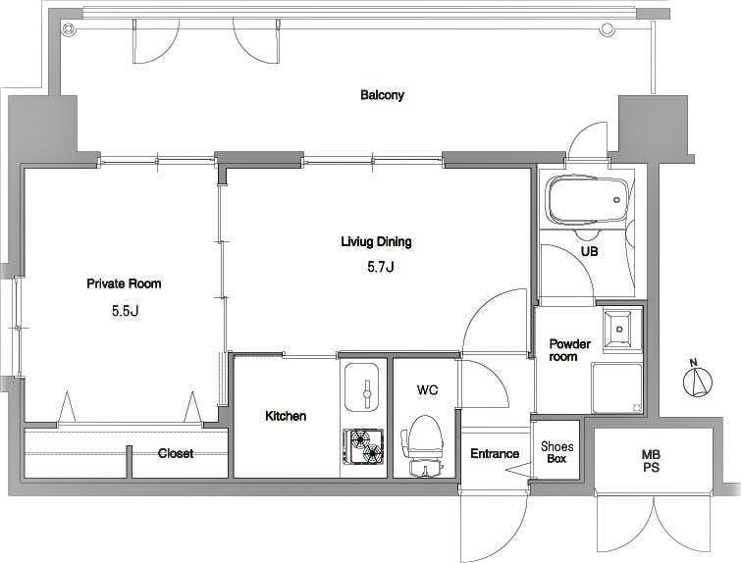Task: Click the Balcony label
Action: coord(382,95)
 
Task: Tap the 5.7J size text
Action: coord(381,268)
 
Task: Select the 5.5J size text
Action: coord(125,311)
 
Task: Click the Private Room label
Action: coord(124,283)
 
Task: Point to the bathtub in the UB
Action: coord(586,201)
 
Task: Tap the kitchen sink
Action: coord(362,386)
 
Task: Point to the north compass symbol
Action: coord(697,380)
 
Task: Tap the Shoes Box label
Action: coord(557,452)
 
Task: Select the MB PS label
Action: coord(651,461)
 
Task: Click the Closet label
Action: coord(176,453)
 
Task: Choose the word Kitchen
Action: coord(286,416)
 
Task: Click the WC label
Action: coord(427,389)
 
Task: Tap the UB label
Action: coord(589,252)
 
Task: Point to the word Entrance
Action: coord(495,454)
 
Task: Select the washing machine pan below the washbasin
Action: coord(617,388)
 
